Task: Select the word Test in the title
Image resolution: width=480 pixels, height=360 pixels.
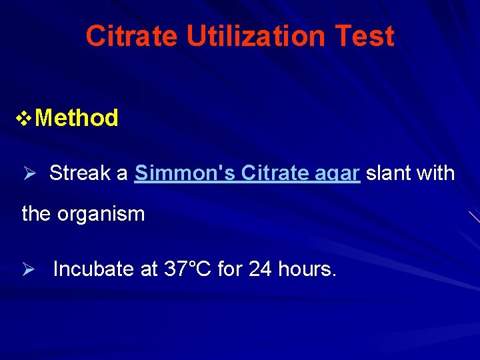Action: (x=370, y=36)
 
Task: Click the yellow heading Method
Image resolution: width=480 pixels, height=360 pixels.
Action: (x=77, y=118)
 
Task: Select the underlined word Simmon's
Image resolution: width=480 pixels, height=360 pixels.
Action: (x=185, y=173)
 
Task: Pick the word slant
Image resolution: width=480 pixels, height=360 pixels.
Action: (x=389, y=173)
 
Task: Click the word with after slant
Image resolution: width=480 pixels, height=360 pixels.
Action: (x=437, y=173)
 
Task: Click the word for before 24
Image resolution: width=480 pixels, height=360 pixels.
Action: (x=229, y=269)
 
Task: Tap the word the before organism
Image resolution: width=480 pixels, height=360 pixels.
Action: (x=35, y=214)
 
